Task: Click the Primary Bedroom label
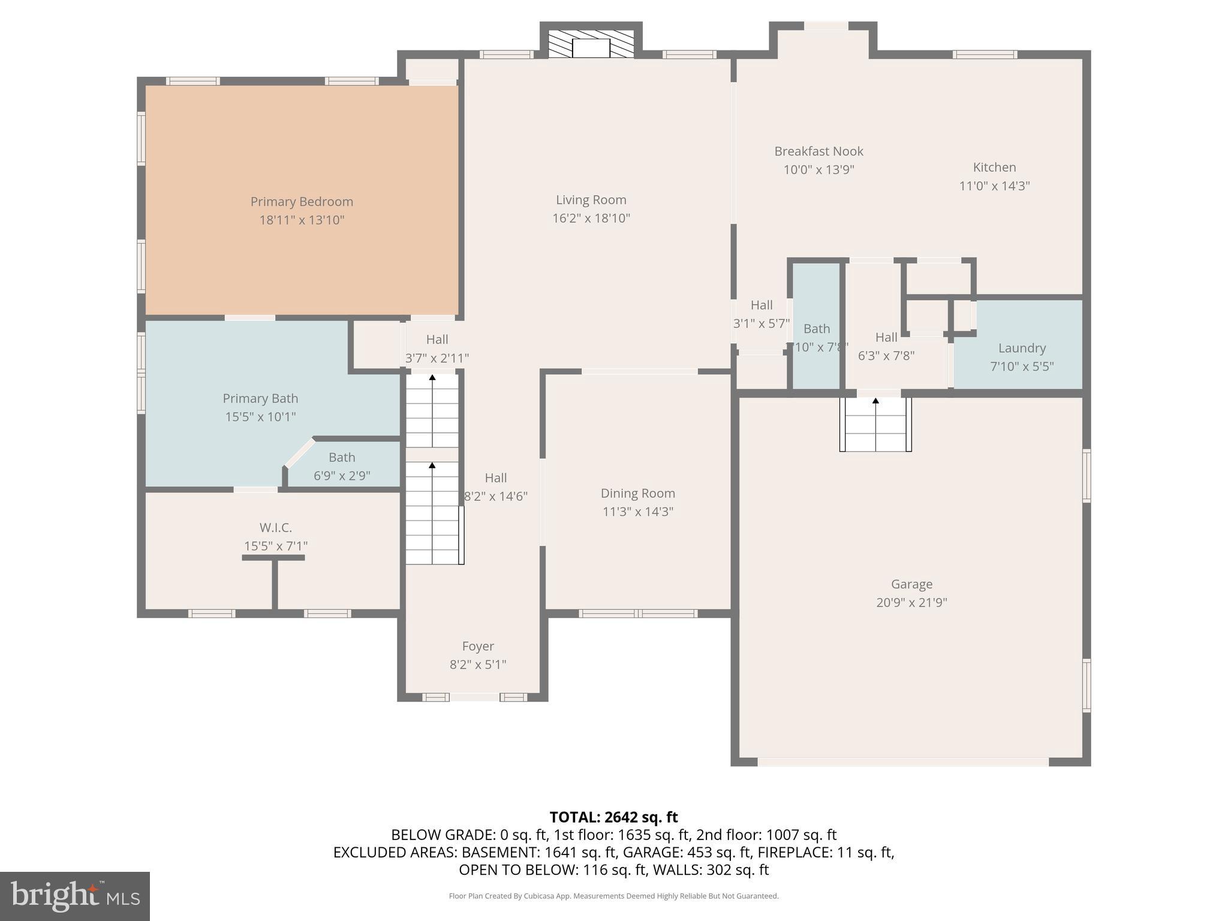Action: (302, 201)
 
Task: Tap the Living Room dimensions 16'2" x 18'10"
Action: (591, 218)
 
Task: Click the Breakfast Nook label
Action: (818, 151)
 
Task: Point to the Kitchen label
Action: (994, 167)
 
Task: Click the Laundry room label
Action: (1022, 348)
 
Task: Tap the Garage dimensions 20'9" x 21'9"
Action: (911, 603)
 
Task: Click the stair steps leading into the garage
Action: (875, 426)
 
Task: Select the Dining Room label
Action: (637, 493)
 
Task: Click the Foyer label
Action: (478, 646)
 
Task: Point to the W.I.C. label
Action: (275, 528)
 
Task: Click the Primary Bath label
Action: (260, 398)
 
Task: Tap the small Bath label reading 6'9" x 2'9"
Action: (342, 475)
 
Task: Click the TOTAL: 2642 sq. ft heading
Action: (613, 817)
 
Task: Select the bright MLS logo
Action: (74, 896)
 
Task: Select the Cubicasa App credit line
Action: (613, 896)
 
